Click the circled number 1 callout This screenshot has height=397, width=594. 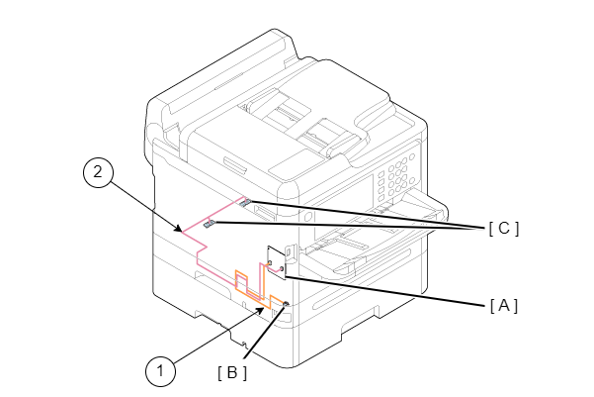159,371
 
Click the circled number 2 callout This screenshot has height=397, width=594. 96,172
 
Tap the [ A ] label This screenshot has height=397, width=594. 503,305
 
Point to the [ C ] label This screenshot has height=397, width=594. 503,228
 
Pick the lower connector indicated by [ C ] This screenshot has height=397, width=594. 210,225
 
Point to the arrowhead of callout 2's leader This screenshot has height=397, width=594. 180,231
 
